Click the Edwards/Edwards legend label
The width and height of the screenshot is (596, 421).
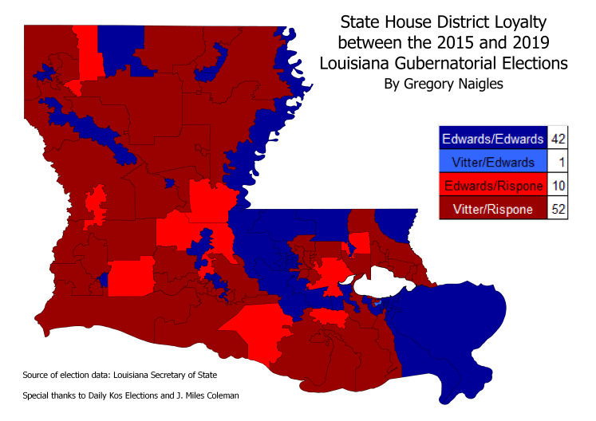[x=491, y=139]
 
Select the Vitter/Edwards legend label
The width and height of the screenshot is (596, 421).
[x=491, y=162]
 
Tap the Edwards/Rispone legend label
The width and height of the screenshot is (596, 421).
[x=491, y=186]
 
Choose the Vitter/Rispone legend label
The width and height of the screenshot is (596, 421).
[x=491, y=209]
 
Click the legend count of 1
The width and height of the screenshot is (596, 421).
[x=559, y=162]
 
